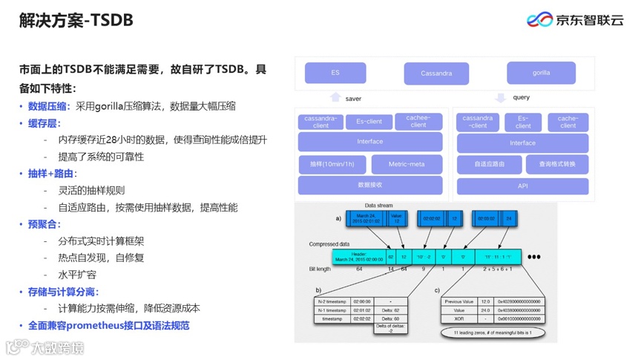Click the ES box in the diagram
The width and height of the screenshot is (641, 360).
click(x=335, y=73)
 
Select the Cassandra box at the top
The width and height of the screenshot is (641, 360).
click(x=436, y=73)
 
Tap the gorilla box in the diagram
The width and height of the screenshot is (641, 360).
click(x=541, y=73)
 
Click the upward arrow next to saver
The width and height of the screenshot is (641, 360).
click(x=335, y=97)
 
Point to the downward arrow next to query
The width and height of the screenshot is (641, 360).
click(x=500, y=97)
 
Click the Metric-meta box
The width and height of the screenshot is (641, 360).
click(x=406, y=164)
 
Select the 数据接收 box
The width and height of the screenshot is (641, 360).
click(x=369, y=185)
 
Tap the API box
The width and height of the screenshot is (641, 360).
click(x=522, y=186)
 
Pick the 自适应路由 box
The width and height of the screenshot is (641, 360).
click(x=489, y=164)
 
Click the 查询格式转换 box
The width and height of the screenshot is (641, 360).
click(x=557, y=164)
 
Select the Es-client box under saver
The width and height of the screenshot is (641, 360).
click(x=369, y=122)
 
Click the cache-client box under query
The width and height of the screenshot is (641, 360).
click(x=568, y=122)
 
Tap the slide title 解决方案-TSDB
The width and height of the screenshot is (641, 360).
click(x=76, y=21)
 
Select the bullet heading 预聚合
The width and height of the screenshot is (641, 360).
click(x=44, y=224)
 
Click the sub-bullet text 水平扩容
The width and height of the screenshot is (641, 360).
click(x=77, y=275)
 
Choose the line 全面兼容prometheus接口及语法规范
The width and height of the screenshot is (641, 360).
click(x=108, y=325)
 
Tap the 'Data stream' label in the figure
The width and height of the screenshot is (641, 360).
click(x=379, y=206)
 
